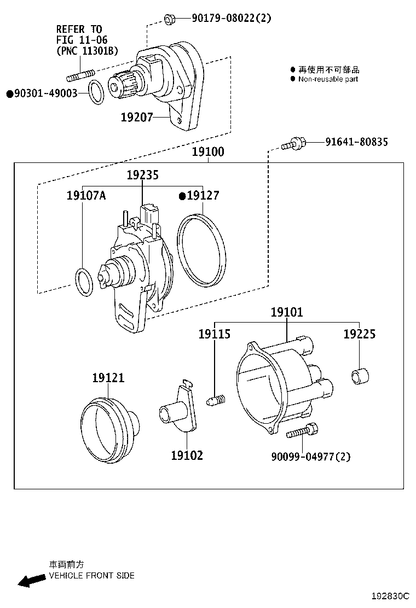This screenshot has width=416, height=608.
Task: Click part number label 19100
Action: pos(207,152)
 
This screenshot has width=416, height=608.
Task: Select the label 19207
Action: pos(137,116)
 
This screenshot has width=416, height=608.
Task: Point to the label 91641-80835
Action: pos(356,142)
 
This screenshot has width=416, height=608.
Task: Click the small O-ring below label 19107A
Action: pos(83,282)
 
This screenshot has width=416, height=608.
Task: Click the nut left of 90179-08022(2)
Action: pos(169,20)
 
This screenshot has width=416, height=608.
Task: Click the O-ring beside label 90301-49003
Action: pos(96,92)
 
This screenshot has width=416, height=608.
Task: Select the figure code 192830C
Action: pos(391,595)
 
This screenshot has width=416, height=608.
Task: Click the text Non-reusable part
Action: pos(328,79)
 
